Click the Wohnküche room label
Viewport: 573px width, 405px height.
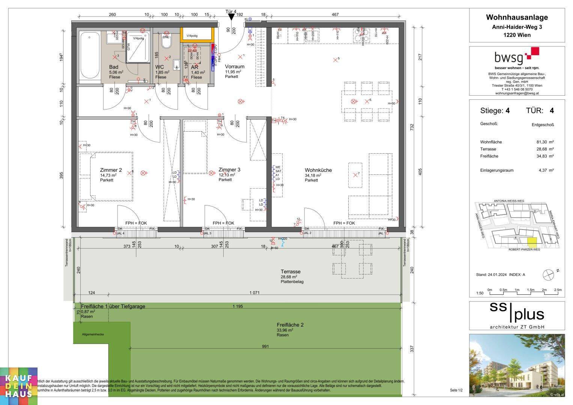coord(318,170)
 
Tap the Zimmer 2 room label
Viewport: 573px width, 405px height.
coord(111,170)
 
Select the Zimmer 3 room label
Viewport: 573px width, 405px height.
coord(229,170)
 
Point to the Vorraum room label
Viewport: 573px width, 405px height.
coord(235,67)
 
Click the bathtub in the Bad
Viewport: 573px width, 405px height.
coord(89,55)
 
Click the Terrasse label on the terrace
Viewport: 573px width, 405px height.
coord(290,272)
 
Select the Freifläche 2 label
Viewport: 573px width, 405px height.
coord(290,325)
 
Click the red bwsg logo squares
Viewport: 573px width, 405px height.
coord(533,53)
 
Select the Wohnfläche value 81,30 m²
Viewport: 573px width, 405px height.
coord(545,142)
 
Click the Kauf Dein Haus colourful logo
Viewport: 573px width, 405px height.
coord(19,386)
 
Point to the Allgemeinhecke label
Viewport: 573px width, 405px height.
coord(93,334)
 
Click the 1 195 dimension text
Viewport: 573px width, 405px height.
coord(238,306)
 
